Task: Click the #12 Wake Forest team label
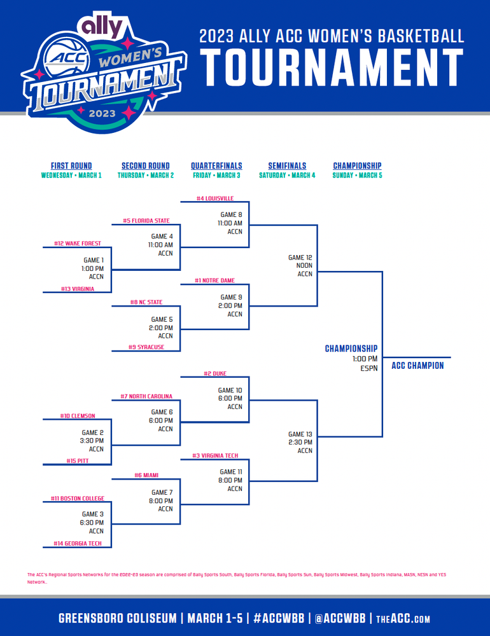click(x=78, y=244)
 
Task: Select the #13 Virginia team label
click(x=78, y=289)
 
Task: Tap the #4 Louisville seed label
click(x=215, y=198)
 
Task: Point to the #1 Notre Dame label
click(x=214, y=280)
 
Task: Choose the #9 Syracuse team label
click(x=146, y=347)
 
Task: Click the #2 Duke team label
click(x=215, y=373)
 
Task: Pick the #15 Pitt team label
click(x=78, y=460)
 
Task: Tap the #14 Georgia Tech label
click(x=78, y=543)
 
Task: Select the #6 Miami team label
click(x=146, y=475)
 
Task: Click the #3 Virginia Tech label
click(x=215, y=455)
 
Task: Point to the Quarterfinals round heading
click(x=216, y=165)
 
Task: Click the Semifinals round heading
click(x=287, y=165)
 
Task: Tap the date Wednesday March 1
click(x=71, y=176)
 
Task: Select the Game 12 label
click(x=300, y=257)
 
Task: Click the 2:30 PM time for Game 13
click(x=300, y=442)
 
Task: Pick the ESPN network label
click(x=369, y=368)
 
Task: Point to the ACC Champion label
click(x=417, y=366)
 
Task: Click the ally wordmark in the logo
click(x=102, y=25)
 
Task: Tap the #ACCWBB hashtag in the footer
click(x=279, y=618)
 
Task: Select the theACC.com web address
click(x=403, y=619)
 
